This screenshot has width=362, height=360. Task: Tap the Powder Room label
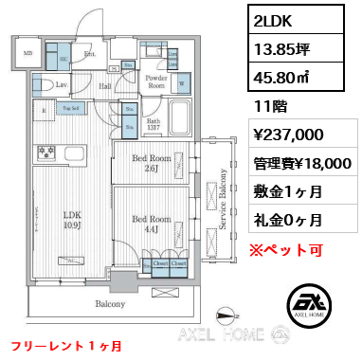tap(156, 81)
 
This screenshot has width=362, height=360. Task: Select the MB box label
tap(27, 53)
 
